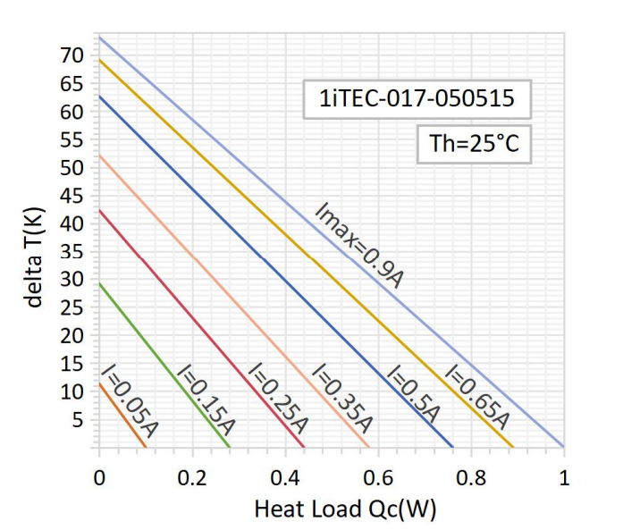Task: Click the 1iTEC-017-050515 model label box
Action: pyautogui.click(x=417, y=98)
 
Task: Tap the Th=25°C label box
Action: pyautogui.click(x=475, y=144)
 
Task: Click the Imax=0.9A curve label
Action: pyautogui.click(x=360, y=245)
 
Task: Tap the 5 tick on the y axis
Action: pyautogui.click(x=79, y=420)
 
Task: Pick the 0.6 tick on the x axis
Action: pyautogui.click(x=378, y=476)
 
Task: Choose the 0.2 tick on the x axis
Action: pyautogui.click(x=192, y=476)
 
